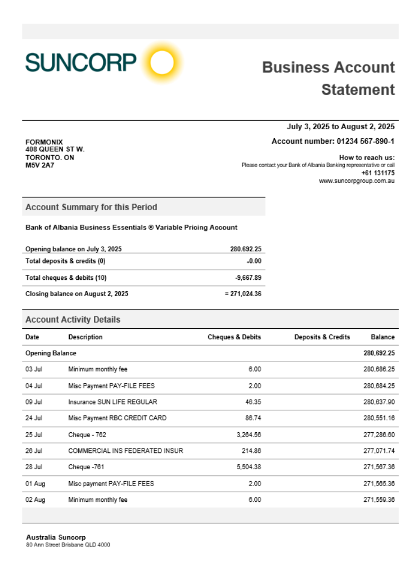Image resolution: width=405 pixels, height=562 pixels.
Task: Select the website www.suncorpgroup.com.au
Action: click(x=357, y=181)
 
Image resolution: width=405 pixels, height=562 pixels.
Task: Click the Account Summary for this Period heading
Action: click(x=91, y=207)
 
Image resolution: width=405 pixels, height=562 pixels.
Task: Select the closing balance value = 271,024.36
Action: click(x=242, y=293)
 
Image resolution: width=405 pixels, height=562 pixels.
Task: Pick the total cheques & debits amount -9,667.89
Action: click(x=247, y=278)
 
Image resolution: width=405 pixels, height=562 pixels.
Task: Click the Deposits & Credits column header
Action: click(x=322, y=337)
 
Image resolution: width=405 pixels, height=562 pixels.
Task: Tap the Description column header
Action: click(x=85, y=337)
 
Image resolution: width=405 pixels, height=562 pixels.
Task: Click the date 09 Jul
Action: click(x=34, y=402)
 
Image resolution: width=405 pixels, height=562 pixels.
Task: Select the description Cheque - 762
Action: click(x=87, y=435)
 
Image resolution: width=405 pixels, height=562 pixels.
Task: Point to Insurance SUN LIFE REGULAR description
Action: click(x=112, y=402)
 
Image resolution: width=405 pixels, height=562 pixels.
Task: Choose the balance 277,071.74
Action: click(x=379, y=451)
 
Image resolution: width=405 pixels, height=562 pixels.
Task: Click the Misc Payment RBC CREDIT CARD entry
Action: click(x=117, y=418)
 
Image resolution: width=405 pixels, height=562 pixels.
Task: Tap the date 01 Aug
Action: click(x=34, y=484)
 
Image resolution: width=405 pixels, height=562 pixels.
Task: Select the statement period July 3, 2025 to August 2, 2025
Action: click(x=340, y=126)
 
